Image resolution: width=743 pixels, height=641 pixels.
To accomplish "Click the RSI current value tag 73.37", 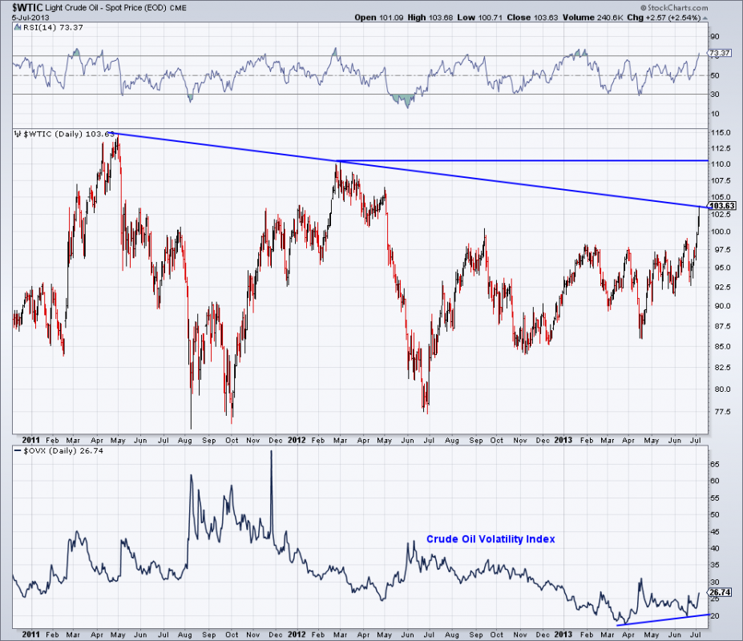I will pyautogui.click(x=720, y=53).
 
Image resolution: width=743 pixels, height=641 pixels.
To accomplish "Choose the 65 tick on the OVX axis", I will pyautogui.click(x=716, y=464).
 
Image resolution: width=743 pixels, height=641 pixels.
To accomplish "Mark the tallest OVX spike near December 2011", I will pyautogui.click(x=271, y=452).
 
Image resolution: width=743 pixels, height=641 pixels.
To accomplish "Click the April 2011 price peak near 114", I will pyautogui.click(x=117, y=138).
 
